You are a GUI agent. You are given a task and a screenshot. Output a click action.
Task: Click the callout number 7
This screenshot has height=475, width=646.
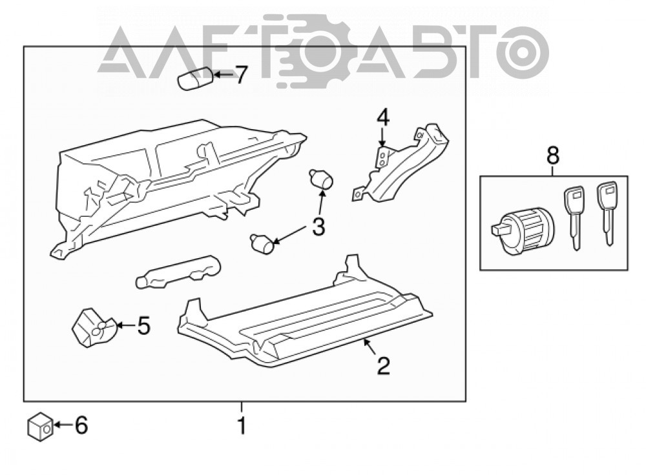[x=240, y=75]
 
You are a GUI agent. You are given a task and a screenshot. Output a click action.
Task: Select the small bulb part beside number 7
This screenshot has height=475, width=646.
[x=196, y=79]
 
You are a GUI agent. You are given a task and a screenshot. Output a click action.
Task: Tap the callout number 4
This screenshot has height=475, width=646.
[x=382, y=118]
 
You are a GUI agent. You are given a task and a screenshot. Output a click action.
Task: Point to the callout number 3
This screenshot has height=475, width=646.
[x=318, y=226]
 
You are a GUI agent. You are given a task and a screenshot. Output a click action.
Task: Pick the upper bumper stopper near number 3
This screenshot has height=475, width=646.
[x=321, y=178]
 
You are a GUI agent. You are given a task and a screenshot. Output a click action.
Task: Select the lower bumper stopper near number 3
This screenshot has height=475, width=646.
[x=263, y=243]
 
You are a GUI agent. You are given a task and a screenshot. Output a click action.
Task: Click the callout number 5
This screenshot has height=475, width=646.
[x=143, y=325]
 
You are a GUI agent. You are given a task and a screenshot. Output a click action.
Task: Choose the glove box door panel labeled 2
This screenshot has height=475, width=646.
[x=306, y=316]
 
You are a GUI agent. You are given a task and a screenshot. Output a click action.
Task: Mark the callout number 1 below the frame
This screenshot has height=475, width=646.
[x=242, y=425]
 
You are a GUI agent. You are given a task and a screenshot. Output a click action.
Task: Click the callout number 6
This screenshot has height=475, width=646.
[x=81, y=425]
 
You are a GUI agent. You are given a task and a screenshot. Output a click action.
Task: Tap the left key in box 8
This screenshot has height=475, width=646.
[x=574, y=217]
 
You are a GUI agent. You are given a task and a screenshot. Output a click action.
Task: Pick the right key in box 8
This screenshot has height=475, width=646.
[x=607, y=213]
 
